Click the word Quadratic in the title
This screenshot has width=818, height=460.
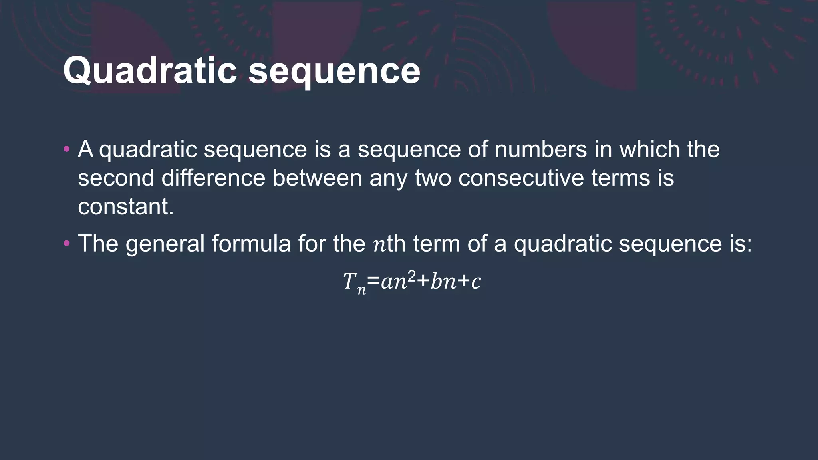click(x=150, y=71)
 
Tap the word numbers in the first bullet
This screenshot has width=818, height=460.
click(x=540, y=149)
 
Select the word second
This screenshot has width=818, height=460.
click(x=116, y=178)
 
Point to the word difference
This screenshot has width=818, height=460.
click(x=213, y=178)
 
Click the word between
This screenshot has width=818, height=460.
click(x=317, y=178)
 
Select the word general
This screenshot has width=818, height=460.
click(x=165, y=244)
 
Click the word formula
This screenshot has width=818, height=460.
click(x=251, y=244)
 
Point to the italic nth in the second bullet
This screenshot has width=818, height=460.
click(x=389, y=244)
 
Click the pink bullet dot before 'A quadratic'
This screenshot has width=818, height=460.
click(x=67, y=150)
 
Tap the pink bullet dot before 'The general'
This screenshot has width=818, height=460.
click(x=67, y=243)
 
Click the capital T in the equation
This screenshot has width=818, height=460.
click(x=349, y=281)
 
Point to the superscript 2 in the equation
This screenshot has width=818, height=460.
click(x=411, y=276)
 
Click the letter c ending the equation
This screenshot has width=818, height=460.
click(x=476, y=282)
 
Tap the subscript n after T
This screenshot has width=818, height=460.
click(x=361, y=290)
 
